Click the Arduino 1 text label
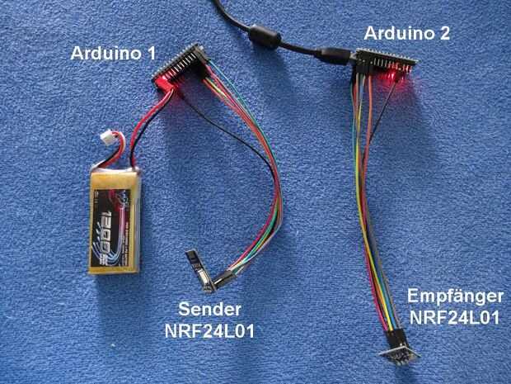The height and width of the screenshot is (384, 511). point(113,53)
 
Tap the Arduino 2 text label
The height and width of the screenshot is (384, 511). point(407,33)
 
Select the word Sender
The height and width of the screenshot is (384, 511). point(210,309)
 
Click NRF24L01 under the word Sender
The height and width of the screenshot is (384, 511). point(209,331)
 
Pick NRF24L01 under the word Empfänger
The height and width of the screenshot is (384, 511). point(455,317)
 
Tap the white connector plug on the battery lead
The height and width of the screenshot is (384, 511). point(109,135)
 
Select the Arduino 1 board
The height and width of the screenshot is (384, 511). point(179,68)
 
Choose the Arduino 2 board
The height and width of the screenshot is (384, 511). point(387,62)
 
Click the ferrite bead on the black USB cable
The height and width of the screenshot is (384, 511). point(265,36)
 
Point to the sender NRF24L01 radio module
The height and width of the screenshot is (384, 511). point(200,270)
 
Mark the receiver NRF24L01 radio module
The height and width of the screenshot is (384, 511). point(400,353)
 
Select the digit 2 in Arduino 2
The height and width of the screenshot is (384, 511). point(444,33)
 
